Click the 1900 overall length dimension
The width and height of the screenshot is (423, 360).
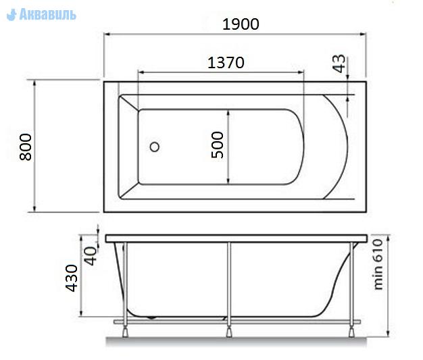241,24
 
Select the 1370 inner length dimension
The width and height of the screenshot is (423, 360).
226,63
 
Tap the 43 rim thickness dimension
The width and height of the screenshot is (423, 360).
339,63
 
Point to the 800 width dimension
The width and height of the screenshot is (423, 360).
26,147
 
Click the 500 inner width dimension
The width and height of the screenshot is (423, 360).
218,145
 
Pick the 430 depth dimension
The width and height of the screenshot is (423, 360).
72,278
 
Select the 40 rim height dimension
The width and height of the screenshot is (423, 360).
90,256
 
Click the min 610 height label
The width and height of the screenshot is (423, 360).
378,265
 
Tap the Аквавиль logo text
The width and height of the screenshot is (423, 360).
48,14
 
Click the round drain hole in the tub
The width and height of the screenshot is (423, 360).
155,147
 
